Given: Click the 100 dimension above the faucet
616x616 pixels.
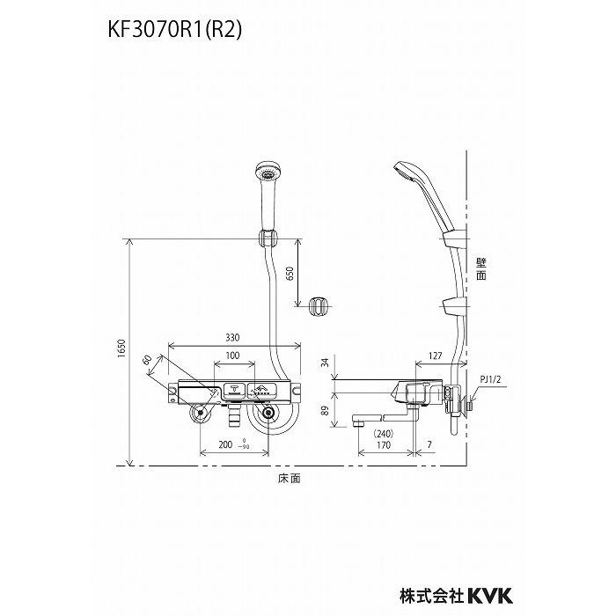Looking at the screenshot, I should click(231, 356).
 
